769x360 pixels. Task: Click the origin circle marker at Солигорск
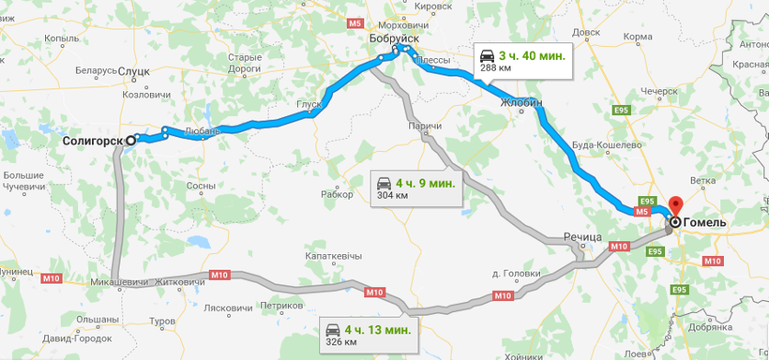pyautogui.click(x=131, y=141)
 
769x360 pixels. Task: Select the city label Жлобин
pyautogui.click(x=522, y=102)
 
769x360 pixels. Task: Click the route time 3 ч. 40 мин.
pyautogui.click(x=532, y=55)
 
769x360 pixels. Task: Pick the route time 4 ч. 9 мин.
pyautogui.click(x=426, y=183)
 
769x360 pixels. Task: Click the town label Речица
pyautogui.click(x=582, y=238)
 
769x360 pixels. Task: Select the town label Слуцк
pyautogui.click(x=134, y=71)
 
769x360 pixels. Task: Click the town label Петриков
pyautogui.click(x=282, y=306)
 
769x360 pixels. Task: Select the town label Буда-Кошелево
pyautogui.click(x=606, y=145)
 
